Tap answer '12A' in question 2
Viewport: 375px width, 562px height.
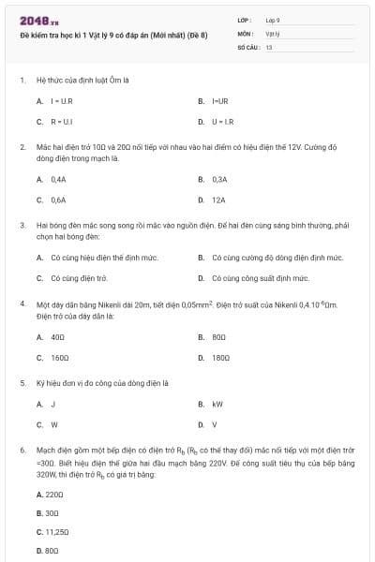[x=219, y=200]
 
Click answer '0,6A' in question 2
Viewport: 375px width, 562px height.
[x=58, y=200]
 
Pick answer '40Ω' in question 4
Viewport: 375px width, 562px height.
[x=57, y=336]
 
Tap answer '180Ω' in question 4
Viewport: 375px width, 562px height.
[x=220, y=358]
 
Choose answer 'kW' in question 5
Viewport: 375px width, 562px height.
[x=217, y=404]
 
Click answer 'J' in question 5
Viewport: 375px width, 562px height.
[x=53, y=404]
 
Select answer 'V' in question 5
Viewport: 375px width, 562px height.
[x=215, y=425]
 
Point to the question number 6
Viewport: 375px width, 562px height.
[x=22, y=451]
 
